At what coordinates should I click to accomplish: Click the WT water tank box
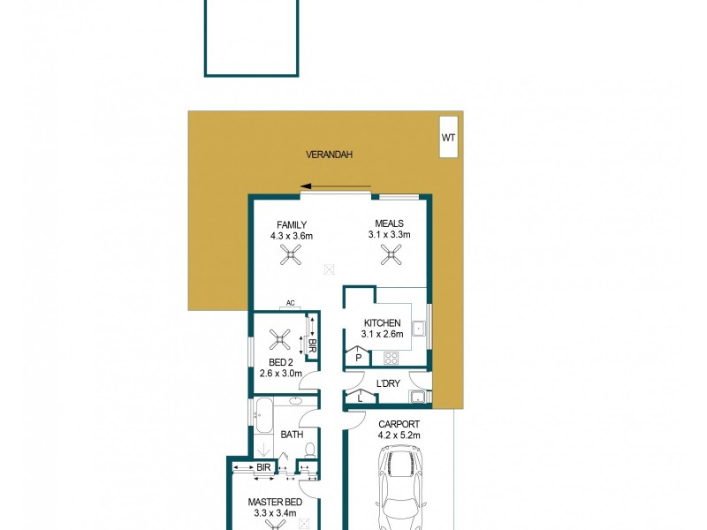449,137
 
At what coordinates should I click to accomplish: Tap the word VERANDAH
329,155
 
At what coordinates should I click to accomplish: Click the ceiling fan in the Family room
292,255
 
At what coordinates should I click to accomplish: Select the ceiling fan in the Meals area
390,255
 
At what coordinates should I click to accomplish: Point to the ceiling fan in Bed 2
280,338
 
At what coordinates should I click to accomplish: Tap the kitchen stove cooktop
390,358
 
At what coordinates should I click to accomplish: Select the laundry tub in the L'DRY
418,396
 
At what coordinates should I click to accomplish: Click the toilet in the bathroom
308,451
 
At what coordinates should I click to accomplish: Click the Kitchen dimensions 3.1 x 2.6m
382,334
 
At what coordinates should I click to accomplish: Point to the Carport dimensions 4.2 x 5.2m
399,435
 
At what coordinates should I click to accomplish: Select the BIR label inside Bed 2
313,336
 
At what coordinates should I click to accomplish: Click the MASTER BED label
274,503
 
